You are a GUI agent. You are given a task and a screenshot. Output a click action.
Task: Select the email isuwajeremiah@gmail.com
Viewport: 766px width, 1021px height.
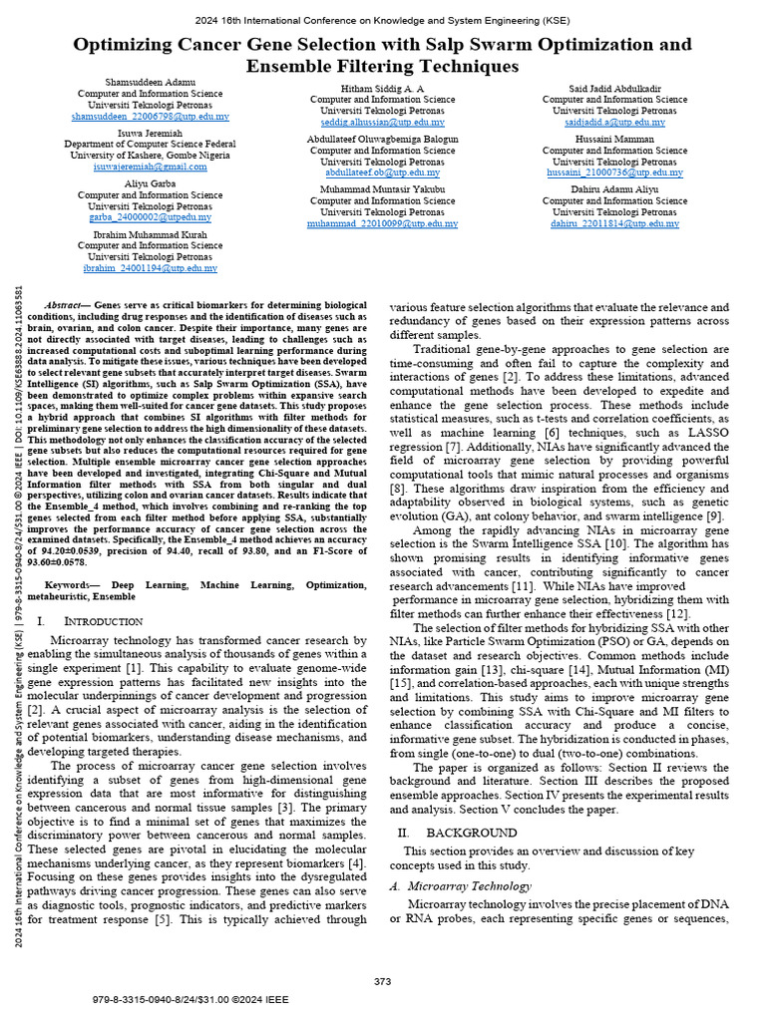pyautogui.click(x=150, y=167)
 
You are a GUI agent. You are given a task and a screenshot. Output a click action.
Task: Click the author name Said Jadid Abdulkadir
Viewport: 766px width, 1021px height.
pyautogui.click(x=613, y=88)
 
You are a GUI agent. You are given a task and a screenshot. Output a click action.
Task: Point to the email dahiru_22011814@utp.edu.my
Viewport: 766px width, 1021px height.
pyautogui.click(x=613, y=224)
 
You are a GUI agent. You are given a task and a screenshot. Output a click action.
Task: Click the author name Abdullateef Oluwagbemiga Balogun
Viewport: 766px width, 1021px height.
pyautogui.click(x=382, y=139)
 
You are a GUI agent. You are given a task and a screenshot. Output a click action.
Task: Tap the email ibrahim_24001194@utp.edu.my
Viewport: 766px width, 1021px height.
pyautogui.click(x=150, y=268)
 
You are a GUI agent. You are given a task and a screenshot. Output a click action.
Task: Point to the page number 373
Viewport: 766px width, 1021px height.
pyautogui.click(x=382, y=982)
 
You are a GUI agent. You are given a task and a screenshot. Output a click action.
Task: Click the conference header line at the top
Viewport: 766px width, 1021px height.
pyautogui.click(x=382, y=19)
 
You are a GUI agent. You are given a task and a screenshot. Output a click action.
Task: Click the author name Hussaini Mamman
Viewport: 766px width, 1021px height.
pyautogui.click(x=613, y=139)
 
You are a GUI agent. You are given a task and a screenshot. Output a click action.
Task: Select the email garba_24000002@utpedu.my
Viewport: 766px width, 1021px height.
pyautogui.click(x=150, y=217)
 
